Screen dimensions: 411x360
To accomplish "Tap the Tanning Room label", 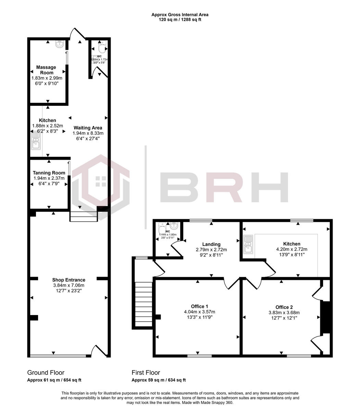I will (x=49, y=173).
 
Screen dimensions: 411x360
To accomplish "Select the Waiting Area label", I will (x=88, y=128).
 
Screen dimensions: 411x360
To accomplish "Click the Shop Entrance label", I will (x=69, y=280).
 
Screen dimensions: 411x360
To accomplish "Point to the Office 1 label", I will (x=199, y=306).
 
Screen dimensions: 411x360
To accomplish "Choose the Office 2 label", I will (x=284, y=307).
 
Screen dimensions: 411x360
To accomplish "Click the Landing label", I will (x=211, y=244).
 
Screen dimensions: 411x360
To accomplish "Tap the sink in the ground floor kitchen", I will (x=36, y=141).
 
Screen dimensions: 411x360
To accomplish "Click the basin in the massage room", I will (x=60, y=43).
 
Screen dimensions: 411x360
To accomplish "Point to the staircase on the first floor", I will (x=144, y=304).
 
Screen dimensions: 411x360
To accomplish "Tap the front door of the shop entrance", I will (x=99, y=351).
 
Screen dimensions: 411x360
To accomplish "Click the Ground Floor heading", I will (x=46, y=373).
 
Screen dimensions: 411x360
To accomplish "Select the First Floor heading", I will (x=146, y=373).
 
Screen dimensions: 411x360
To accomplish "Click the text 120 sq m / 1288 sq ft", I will (x=180, y=20).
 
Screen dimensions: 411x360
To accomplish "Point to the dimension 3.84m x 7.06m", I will (x=69, y=285).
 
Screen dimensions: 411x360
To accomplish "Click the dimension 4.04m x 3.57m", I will (x=199, y=312).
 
